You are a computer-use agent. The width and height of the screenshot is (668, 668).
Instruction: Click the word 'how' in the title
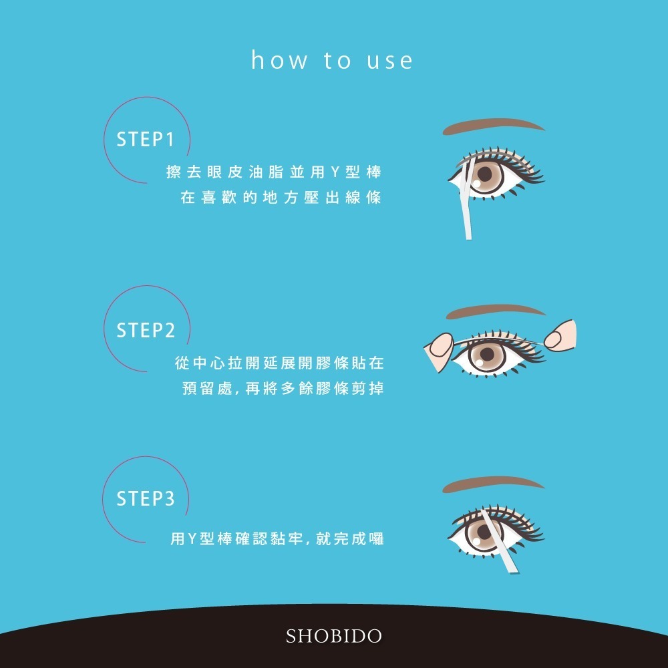279,59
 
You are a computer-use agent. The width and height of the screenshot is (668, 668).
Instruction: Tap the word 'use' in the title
390,61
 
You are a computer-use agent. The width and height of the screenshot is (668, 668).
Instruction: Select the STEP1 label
145,140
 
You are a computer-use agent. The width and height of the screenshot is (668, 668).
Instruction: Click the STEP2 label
146,330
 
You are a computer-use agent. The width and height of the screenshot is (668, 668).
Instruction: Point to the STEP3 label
146,498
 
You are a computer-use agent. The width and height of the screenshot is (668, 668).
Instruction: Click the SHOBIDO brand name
333,636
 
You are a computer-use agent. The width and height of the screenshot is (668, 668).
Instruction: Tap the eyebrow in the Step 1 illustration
494,126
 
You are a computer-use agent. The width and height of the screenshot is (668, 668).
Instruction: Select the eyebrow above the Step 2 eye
496,311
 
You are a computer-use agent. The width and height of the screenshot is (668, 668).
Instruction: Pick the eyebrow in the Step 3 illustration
493,484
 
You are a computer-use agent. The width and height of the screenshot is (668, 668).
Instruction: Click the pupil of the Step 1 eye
485,174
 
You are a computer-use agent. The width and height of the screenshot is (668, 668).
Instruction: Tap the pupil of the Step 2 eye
486,354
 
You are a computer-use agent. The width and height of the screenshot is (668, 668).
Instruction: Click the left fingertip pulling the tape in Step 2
442,345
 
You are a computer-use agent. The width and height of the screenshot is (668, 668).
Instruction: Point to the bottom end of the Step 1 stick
469,238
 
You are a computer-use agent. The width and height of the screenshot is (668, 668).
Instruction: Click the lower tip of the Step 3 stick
515,571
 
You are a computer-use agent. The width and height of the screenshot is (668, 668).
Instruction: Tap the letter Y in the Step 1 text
335,172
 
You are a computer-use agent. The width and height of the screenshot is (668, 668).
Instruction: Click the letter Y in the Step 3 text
192,539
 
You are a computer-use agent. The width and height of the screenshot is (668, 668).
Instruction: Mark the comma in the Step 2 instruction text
236,391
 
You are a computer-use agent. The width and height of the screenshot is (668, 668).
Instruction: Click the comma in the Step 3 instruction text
307,542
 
